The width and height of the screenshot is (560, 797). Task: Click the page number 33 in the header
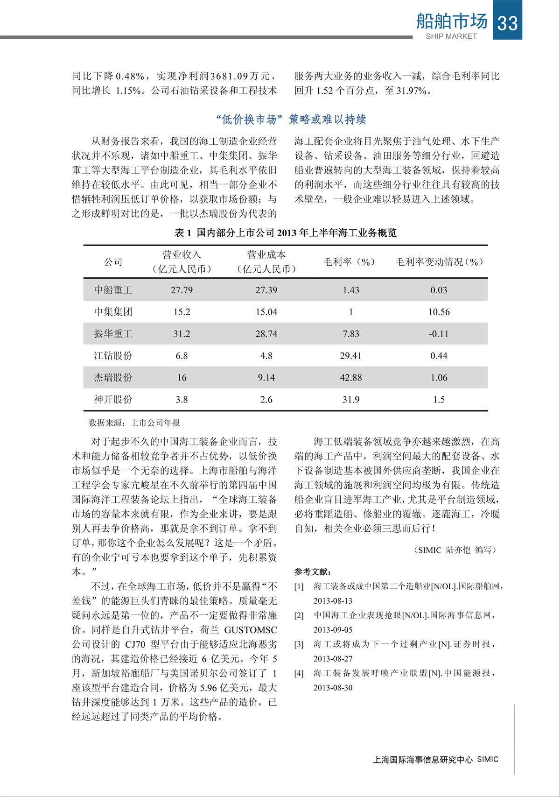pyautogui.click(x=507, y=22)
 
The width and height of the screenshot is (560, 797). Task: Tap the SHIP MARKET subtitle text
pyautogui.click(x=451, y=36)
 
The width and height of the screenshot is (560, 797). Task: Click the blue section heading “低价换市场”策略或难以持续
pyautogui.click(x=291, y=120)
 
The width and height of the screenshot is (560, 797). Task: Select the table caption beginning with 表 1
pyautogui.click(x=285, y=233)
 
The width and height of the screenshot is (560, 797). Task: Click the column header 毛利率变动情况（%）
pyautogui.click(x=439, y=262)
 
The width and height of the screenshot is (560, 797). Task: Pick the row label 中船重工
pyautogui.click(x=113, y=290)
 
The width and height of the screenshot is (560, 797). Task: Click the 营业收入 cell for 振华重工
pyautogui.click(x=182, y=334)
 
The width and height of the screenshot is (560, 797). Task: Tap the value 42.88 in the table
pyautogui.click(x=351, y=378)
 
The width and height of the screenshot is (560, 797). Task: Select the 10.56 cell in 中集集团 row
pyautogui.click(x=439, y=312)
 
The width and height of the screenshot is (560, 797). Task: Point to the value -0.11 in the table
pyautogui.click(x=439, y=334)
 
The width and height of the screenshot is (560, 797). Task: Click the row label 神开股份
pyautogui.click(x=113, y=400)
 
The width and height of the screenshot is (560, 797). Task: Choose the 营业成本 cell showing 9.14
pyautogui.click(x=266, y=378)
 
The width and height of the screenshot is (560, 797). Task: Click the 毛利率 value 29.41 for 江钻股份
pyautogui.click(x=351, y=356)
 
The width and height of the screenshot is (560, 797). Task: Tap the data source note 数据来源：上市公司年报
pyautogui.click(x=134, y=423)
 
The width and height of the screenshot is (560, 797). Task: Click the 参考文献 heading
pyautogui.click(x=313, y=571)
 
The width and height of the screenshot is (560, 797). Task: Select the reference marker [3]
pyautogui.click(x=299, y=644)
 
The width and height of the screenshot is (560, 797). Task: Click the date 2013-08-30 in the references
pyautogui.click(x=333, y=688)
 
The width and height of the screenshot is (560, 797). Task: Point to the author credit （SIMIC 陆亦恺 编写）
pyautogui.click(x=455, y=550)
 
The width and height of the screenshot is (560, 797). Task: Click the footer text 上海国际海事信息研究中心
pyautogui.click(x=423, y=760)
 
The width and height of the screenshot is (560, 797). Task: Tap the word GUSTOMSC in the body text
pyautogui.click(x=251, y=630)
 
